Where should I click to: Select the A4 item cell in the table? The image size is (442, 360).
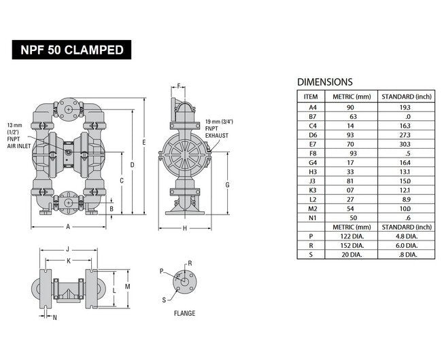coord(312,107)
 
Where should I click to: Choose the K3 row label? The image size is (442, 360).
coord(312,190)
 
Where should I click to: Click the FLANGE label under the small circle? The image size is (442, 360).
coord(184,313)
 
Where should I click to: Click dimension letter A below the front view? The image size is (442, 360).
coord(68,226)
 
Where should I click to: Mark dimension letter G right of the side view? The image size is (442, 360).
coord(227,184)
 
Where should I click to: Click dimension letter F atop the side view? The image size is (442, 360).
coord(178,86)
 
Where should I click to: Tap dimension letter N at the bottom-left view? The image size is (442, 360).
coord(55,317)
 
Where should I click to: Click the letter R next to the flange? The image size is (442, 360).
coord(190,262)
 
